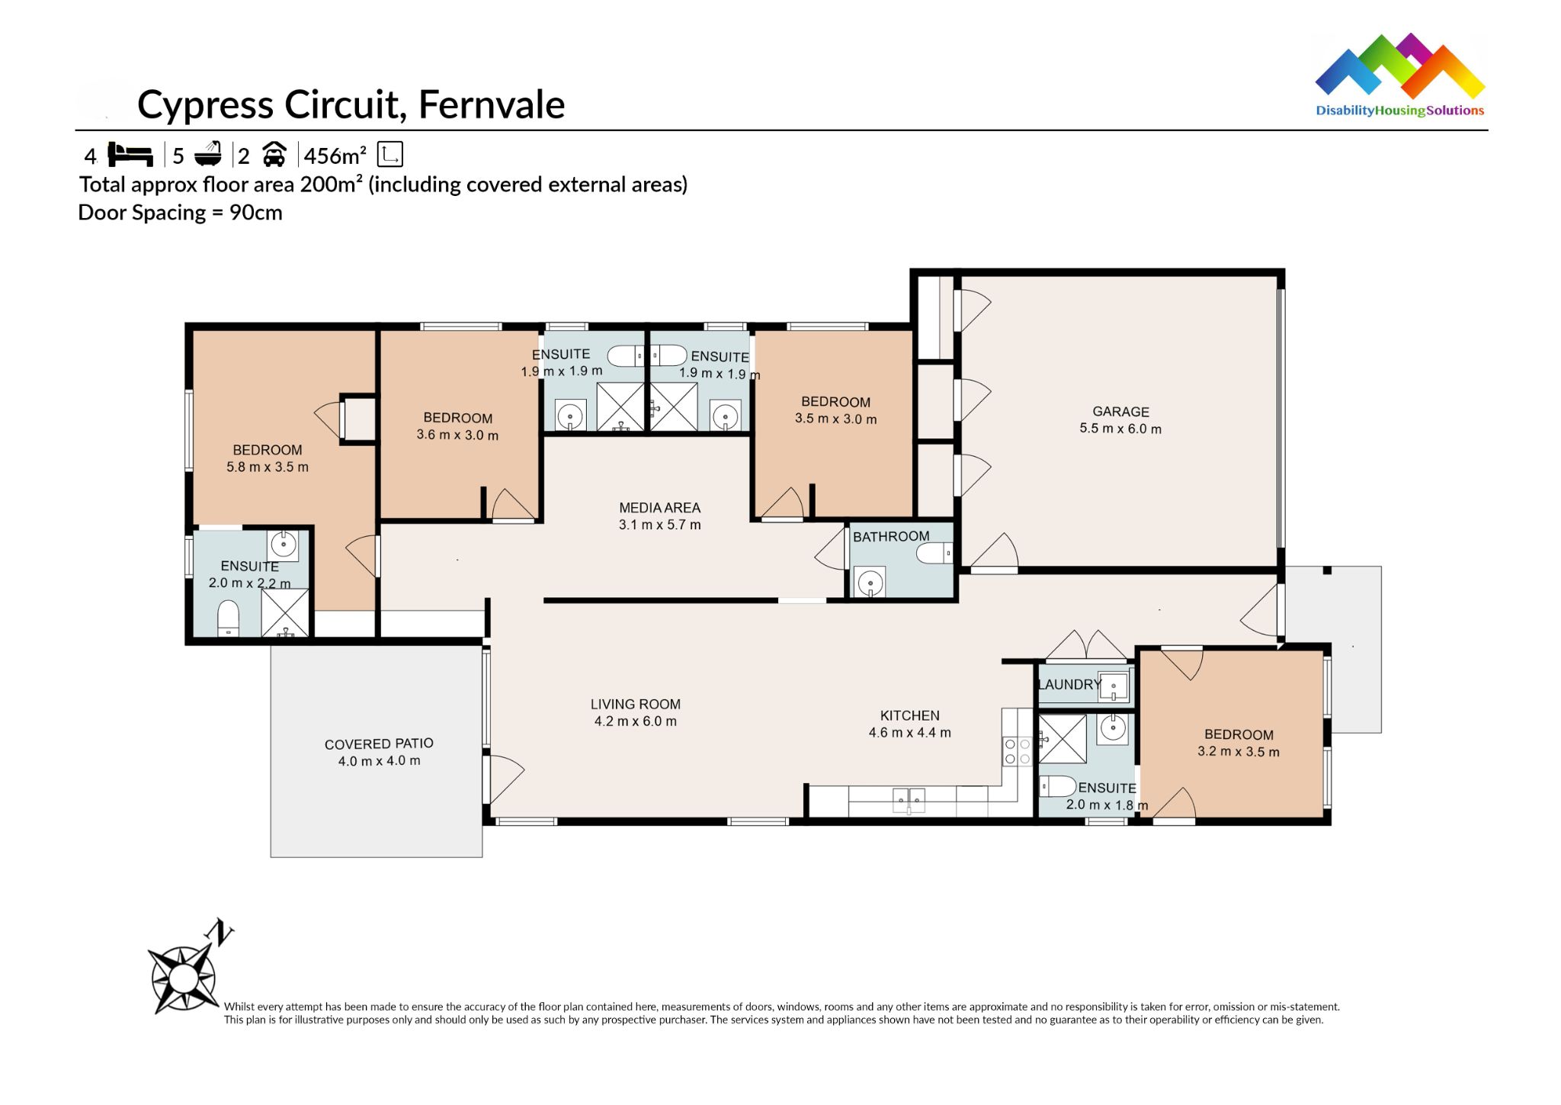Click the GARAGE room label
coord(1120,411)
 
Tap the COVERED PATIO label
coord(379,744)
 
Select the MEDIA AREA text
coord(659,508)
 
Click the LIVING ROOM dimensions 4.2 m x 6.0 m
coord(635,721)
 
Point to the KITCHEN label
coord(909,715)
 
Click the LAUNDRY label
coord(1069,684)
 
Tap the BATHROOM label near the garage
coord(890,536)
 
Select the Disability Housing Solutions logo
coord(1399,76)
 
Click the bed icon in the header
coord(130,155)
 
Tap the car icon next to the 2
coord(274,155)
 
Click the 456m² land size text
coord(335,156)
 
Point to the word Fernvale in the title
coord(492,104)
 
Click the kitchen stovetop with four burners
coord(1017,750)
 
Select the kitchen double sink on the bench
coord(909,799)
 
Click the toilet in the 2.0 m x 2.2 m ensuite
coord(229,618)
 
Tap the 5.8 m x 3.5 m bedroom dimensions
coord(267,467)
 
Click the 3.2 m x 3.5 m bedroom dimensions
coord(1238,751)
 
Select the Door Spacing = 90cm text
coord(180,213)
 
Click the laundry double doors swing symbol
coord(1085,645)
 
